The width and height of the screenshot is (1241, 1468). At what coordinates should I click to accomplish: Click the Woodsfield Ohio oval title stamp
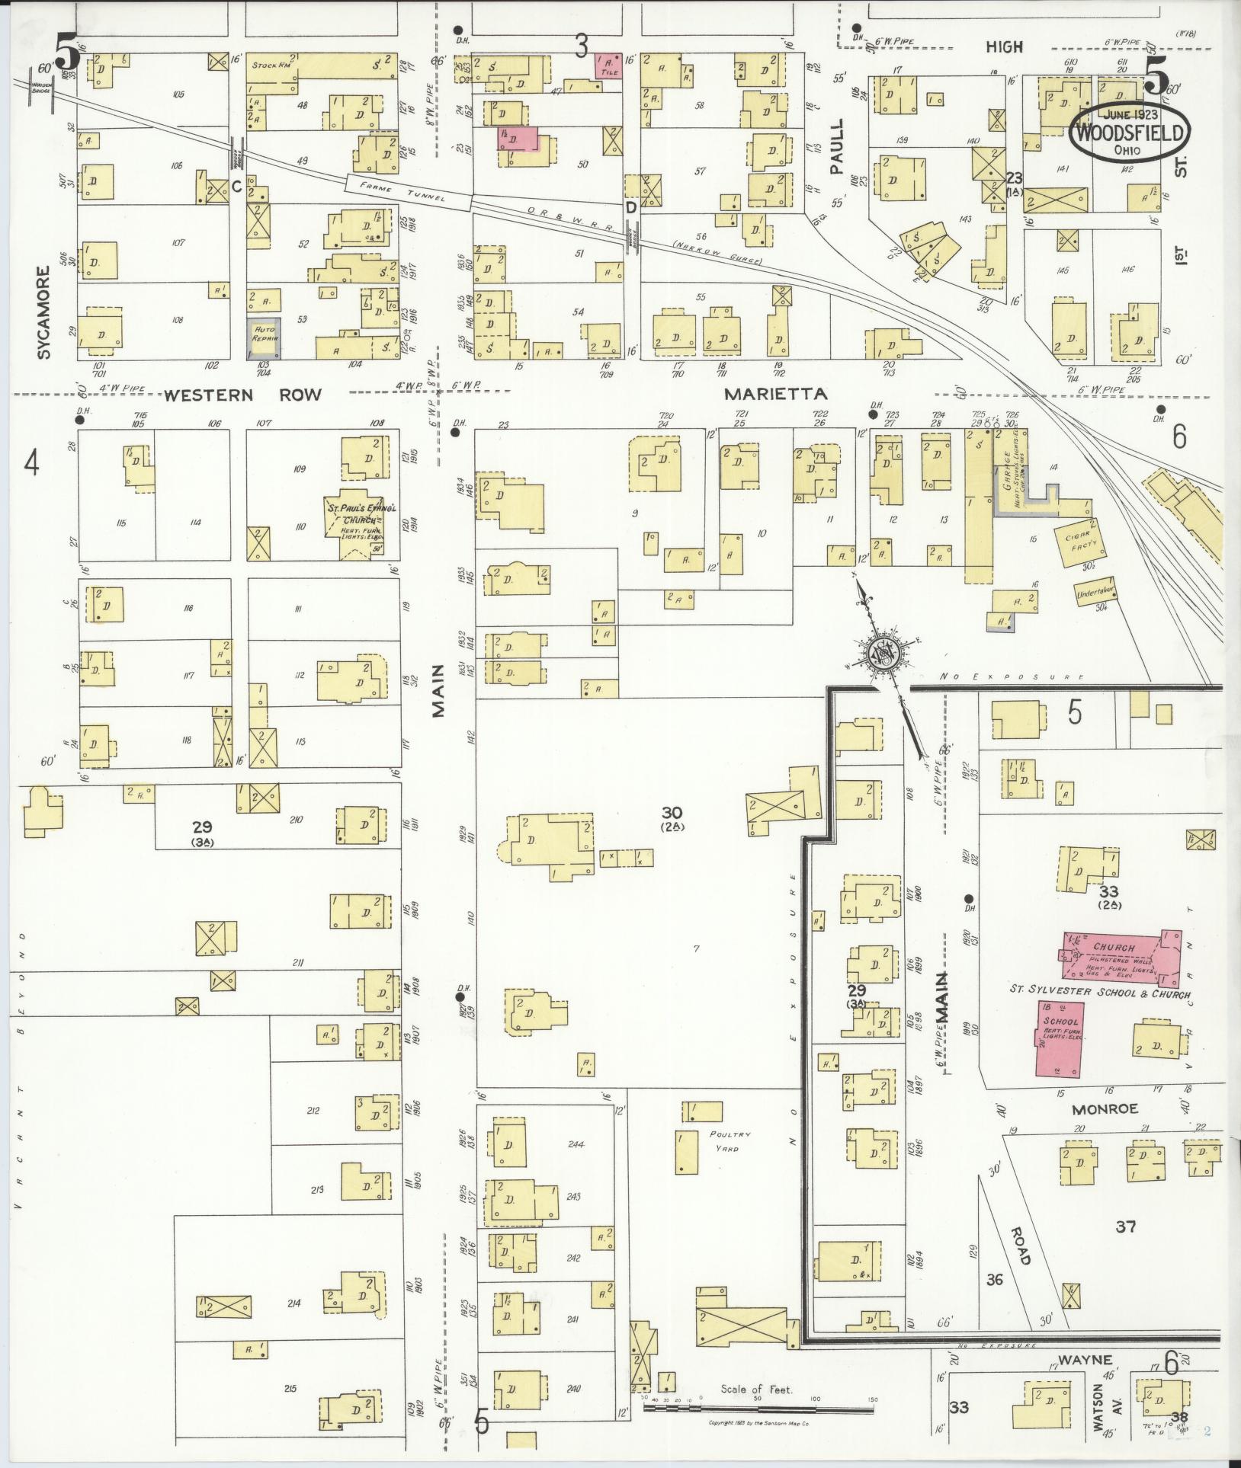tap(1131, 133)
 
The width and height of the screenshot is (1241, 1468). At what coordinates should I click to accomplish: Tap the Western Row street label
tap(242, 395)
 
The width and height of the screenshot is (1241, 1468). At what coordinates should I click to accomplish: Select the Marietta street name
tap(776, 394)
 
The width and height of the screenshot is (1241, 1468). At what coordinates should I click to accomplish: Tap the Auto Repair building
tap(263, 338)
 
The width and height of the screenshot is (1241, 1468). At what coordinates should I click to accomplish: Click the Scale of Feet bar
tap(758, 1409)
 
